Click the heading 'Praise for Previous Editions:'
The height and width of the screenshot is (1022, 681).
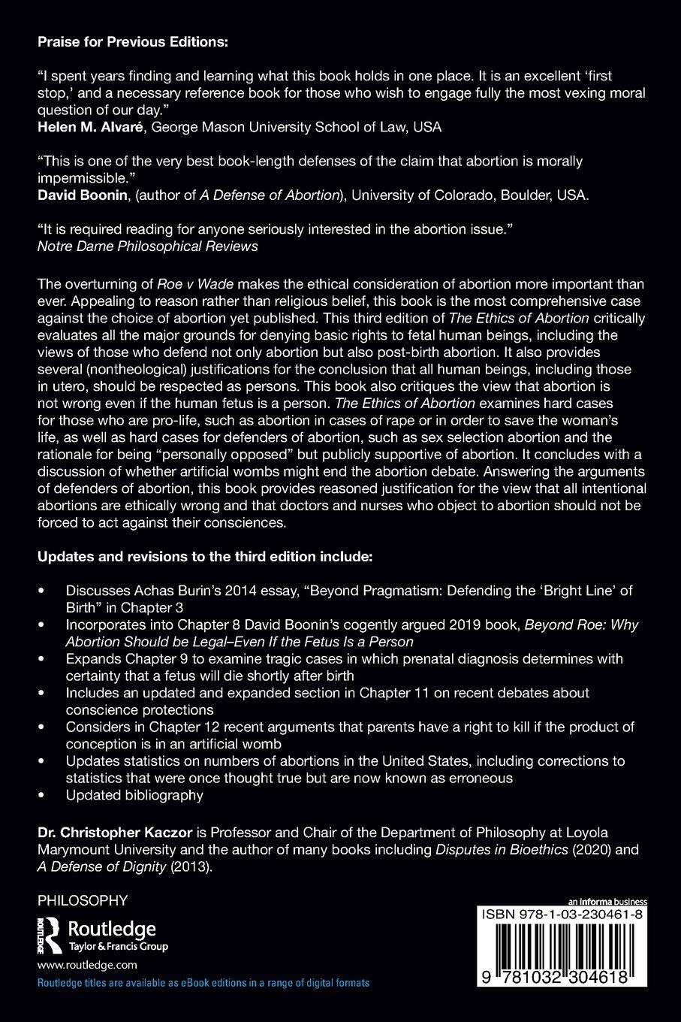pyautogui.click(x=132, y=43)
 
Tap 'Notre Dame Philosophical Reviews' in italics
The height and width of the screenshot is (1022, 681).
pyautogui.click(x=147, y=246)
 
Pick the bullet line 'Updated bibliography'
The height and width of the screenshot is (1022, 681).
pyautogui.click(x=134, y=794)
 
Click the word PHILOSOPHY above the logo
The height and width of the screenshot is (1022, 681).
pyautogui.click(x=83, y=900)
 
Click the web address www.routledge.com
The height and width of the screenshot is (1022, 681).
pyautogui.click(x=87, y=965)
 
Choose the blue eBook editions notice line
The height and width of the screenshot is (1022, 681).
pyautogui.click(x=203, y=983)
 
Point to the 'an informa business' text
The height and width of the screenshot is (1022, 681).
pyautogui.click(x=607, y=902)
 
